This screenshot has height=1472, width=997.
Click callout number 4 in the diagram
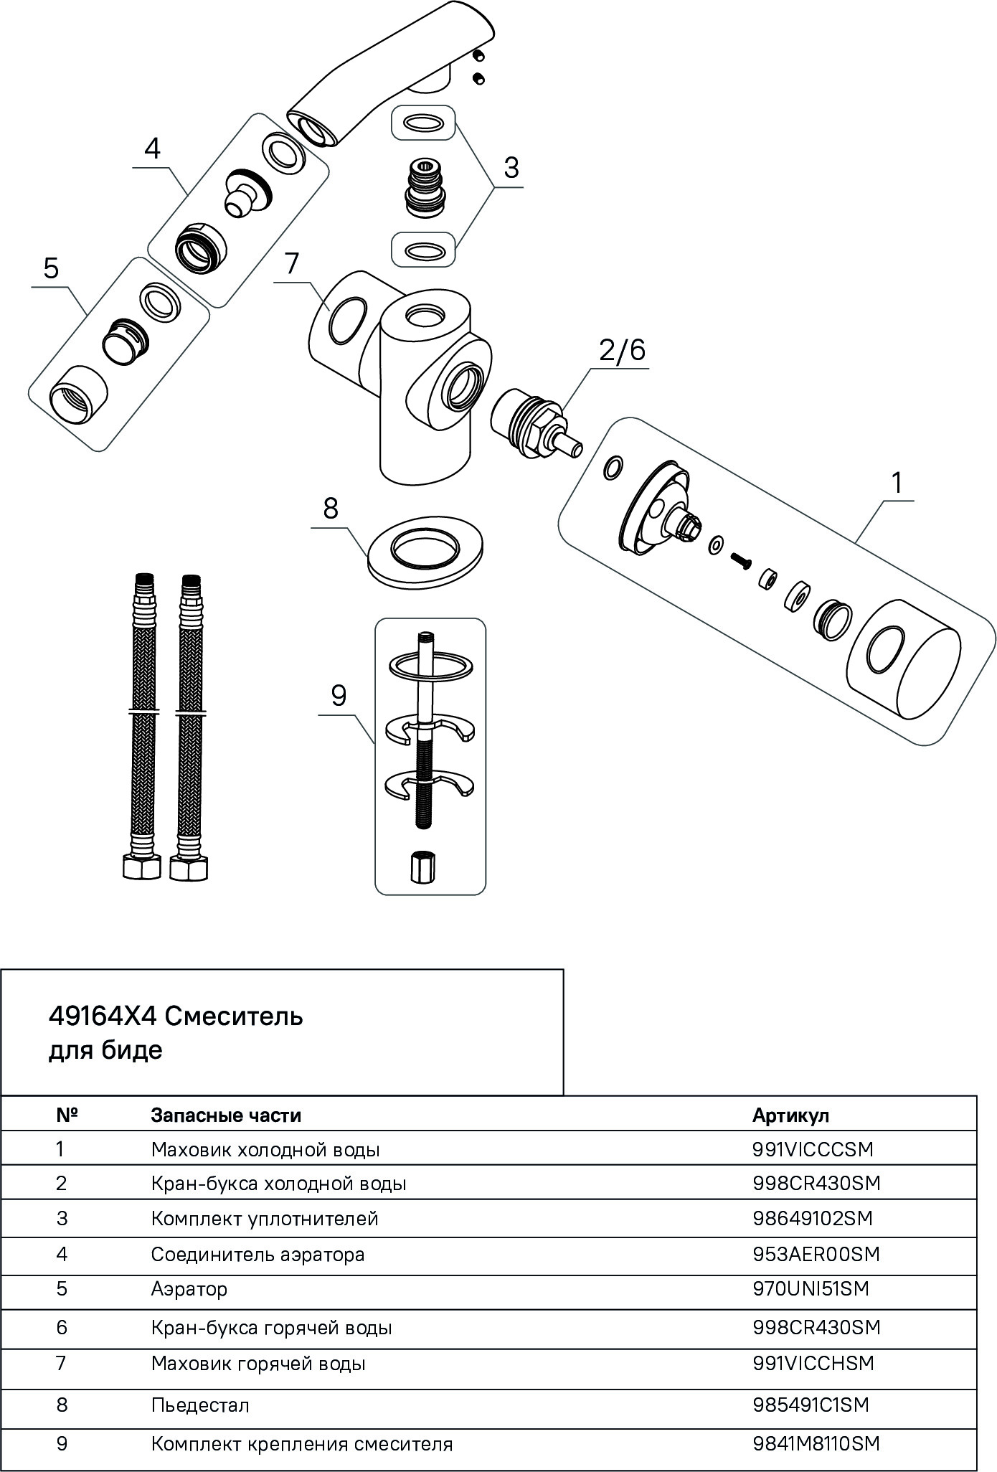(152, 149)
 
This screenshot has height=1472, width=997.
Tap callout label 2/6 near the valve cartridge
(622, 350)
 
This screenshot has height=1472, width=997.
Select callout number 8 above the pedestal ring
(330, 509)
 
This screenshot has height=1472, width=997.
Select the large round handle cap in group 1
(904, 670)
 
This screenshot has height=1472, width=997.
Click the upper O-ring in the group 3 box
(423, 123)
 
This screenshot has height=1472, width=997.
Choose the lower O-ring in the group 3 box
(423, 251)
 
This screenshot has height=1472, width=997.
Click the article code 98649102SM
(813, 1218)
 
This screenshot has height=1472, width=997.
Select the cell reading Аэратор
(189, 1288)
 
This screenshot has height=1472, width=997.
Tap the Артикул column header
(790, 1115)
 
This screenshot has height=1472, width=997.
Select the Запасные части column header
(226, 1115)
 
